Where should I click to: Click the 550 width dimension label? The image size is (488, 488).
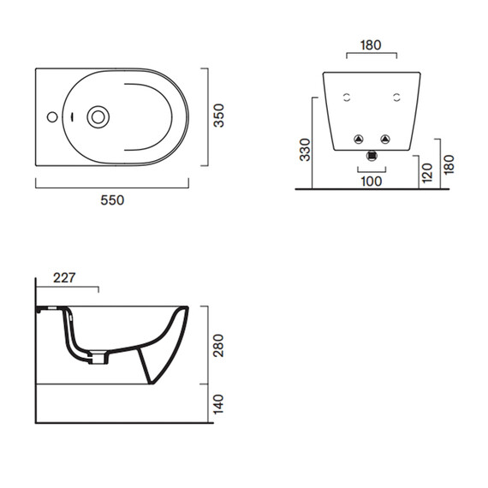pos(112,200)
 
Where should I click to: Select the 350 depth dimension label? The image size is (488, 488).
pos(219,116)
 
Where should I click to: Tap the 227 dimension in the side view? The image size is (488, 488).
pos(64,278)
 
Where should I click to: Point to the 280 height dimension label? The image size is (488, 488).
pos(219,346)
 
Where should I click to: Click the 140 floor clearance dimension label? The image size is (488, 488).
pos(219,404)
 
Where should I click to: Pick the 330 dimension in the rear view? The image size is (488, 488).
pos(305,150)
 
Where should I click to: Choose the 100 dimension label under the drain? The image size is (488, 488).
pos(372,182)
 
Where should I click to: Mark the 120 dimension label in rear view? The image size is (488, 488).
pos(427,173)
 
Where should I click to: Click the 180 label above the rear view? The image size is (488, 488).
pos(371,45)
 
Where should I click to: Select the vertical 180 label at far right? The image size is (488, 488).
pos(449,164)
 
